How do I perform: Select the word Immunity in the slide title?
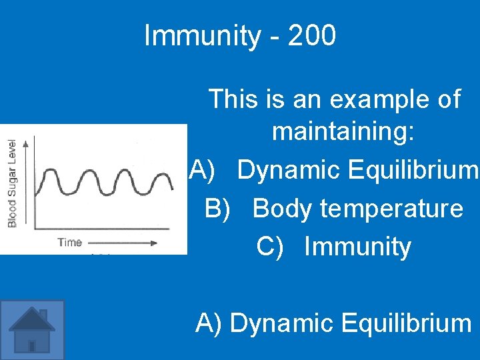point(201,36)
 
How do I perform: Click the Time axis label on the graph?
point(69,243)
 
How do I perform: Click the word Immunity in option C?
point(357,247)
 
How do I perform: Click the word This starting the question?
point(233,100)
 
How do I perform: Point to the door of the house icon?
point(32,345)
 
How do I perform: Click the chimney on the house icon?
point(43,315)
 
